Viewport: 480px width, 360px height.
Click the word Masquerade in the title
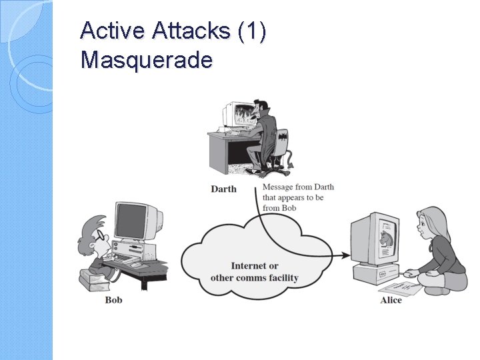(x=147, y=60)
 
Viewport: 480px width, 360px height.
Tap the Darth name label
(x=223, y=189)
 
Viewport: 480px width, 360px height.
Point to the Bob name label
(x=113, y=300)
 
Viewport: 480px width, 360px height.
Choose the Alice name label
(x=391, y=300)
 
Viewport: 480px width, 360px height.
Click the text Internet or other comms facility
(x=255, y=271)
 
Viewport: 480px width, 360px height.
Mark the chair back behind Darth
(x=284, y=141)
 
